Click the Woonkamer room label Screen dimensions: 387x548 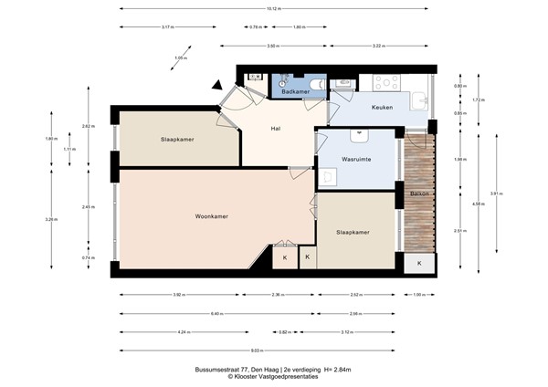coord(211,216)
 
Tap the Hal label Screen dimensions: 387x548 coord(276,128)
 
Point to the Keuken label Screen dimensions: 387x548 coord(383,108)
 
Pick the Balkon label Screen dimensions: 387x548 coord(418,193)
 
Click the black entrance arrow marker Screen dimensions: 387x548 coord(217,87)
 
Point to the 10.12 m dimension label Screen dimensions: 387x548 coord(275,9)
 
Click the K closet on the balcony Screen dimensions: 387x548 coord(419,263)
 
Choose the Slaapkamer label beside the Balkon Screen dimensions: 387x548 coord(353,233)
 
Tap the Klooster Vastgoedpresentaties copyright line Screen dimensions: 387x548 coord(274,376)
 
